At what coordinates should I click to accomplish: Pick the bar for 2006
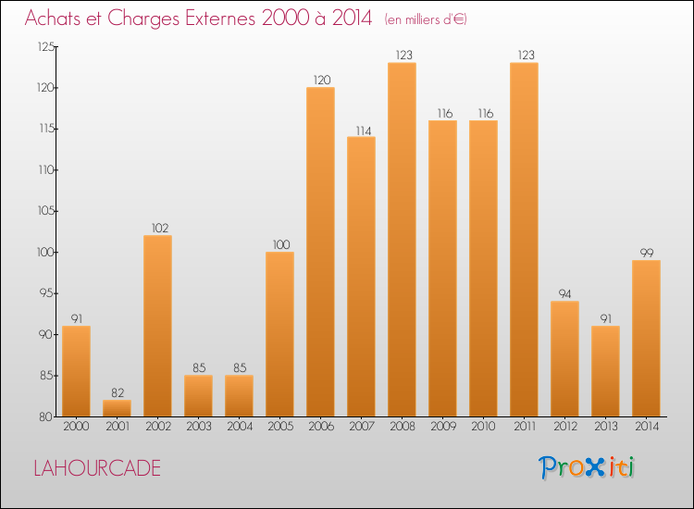(x=320, y=252)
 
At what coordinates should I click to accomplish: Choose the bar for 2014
(x=646, y=338)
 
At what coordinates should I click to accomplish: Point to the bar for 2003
(x=198, y=395)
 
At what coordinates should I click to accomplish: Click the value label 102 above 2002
(x=157, y=228)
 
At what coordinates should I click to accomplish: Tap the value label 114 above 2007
(x=361, y=130)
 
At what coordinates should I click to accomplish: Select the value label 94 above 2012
(x=564, y=294)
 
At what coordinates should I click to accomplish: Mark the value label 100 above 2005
(x=279, y=244)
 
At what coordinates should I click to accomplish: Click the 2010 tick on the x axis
(x=483, y=428)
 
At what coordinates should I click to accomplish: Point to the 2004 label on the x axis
(x=239, y=428)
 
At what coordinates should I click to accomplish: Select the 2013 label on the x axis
(x=605, y=428)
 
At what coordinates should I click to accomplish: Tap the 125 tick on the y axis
(x=44, y=47)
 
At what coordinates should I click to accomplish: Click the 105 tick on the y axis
(x=44, y=211)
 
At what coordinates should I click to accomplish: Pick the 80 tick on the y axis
(x=46, y=416)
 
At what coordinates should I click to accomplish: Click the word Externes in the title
(x=209, y=19)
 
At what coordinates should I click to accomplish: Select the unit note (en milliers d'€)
(x=426, y=19)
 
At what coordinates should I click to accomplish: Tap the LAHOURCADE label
(x=96, y=468)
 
